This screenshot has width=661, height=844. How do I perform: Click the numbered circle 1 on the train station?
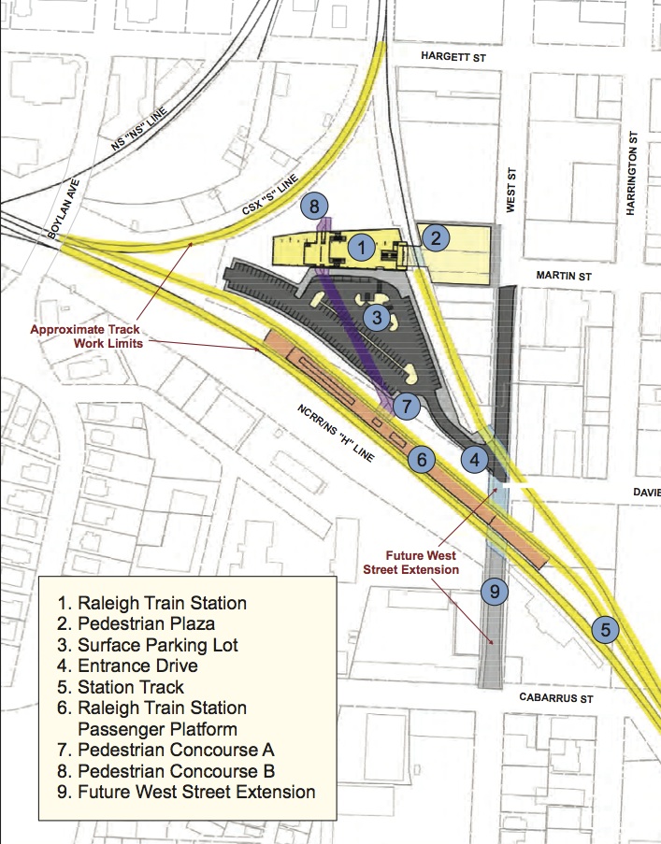(x=361, y=248)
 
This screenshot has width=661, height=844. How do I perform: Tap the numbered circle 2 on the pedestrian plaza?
(x=435, y=237)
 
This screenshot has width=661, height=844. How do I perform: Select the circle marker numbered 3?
(x=375, y=318)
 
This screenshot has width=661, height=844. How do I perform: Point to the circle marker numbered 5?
(x=605, y=630)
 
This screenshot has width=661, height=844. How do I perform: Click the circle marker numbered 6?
(x=422, y=459)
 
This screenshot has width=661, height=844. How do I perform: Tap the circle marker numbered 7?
(x=406, y=407)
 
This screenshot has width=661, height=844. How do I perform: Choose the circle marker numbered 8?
(x=315, y=206)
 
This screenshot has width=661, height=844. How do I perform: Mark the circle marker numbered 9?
(x=493, y=590)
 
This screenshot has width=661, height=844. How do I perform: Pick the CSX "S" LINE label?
(x=270, y=194)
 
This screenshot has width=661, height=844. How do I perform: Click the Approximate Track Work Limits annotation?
(x=84, y=336)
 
